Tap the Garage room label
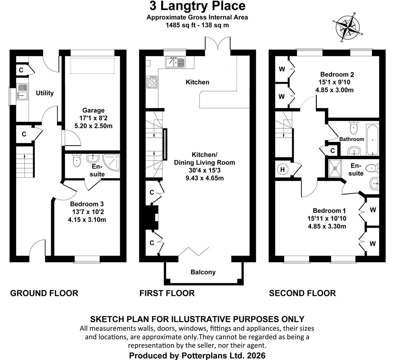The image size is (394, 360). pos(93,110)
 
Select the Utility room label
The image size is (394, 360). pos(45,93)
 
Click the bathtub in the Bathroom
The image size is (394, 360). pos(372,139)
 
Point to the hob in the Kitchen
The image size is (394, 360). pos(152,82)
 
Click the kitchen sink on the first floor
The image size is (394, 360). pos(176,62)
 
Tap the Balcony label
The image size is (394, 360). pos(203,272)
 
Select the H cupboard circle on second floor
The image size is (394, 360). pos(282,169)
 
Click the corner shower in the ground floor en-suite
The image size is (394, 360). pos(111,163)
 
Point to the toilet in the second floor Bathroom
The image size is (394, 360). pos(354,128)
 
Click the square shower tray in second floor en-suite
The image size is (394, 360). pos(335,168)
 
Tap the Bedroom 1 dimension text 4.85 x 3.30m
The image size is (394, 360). pos(327,226)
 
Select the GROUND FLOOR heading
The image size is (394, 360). pos(44,293)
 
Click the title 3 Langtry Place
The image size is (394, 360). pos(197,6)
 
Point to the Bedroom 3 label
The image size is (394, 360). pos(87,204)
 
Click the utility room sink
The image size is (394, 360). pos(22,92)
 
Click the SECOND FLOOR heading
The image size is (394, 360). pos(302,293)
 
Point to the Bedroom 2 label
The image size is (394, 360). pos(337,74)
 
